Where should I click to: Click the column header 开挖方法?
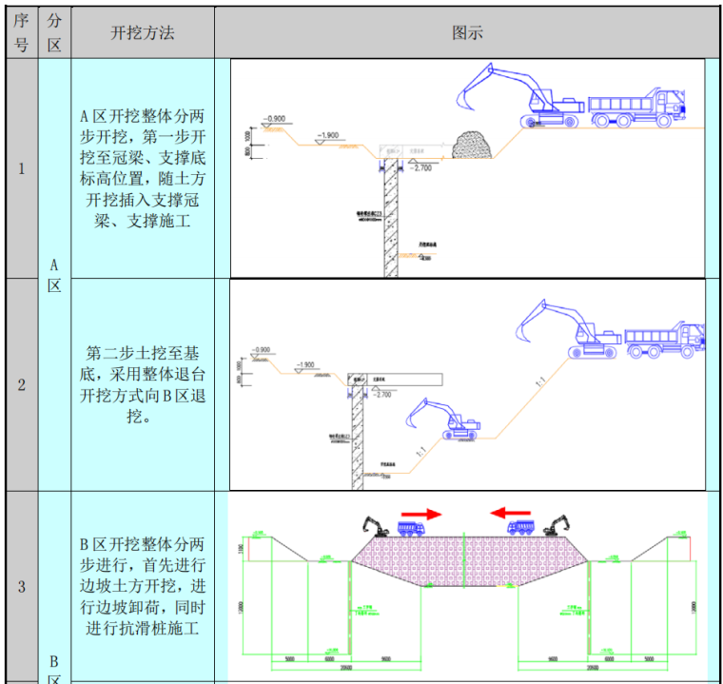[x=142, y=32]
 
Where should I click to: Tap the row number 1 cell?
[x=21, y=169]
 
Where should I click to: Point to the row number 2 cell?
[x=21, y=385]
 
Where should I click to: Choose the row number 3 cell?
[x=21, y=587]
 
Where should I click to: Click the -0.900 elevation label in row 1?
[x=274, y=119]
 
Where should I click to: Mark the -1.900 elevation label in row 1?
[x=327, y=136]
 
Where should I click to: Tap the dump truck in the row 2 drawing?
[x=663, y=341]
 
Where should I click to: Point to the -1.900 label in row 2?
[x=304, y=365]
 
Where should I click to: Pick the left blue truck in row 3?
[x=411, y=528]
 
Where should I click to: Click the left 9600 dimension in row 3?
[x=386, y=658]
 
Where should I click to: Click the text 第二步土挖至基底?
[x=142, y=353]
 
